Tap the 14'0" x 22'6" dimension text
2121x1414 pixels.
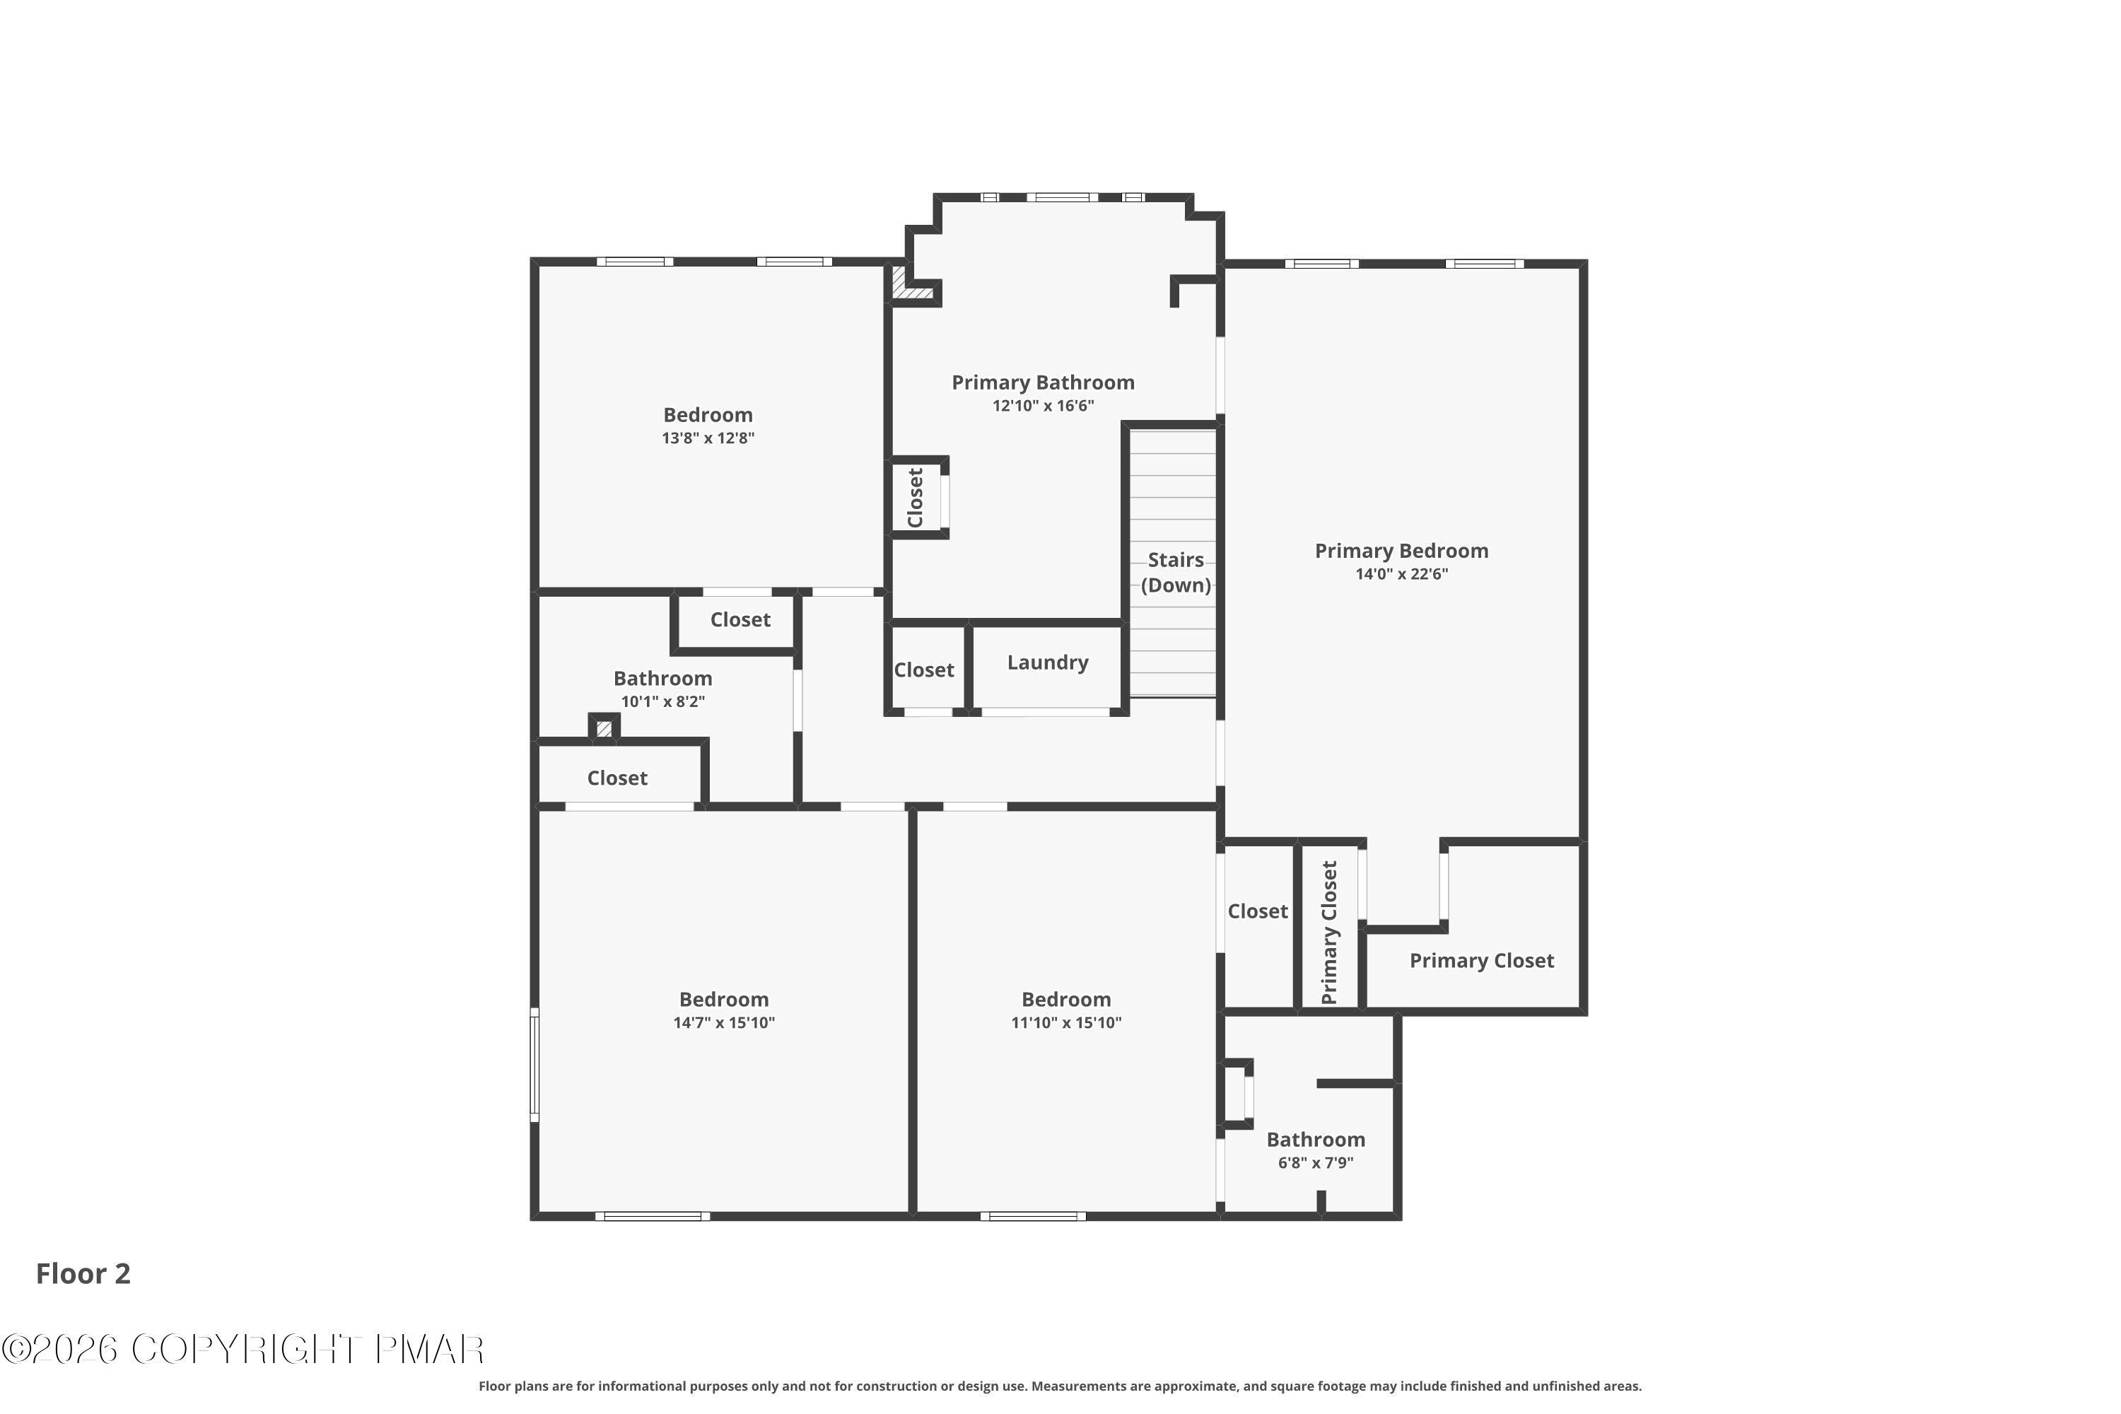1401,574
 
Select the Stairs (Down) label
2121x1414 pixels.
1175,573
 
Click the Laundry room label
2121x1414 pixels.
1047,663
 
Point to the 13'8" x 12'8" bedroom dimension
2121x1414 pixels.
707,438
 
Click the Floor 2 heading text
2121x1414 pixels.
83,1273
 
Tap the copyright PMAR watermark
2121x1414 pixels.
243,1350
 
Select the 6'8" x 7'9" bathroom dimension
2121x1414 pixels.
1315,1163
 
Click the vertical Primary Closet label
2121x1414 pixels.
1329,933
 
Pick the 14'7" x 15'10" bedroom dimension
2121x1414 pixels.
723,1022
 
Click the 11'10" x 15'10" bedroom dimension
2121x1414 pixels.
1066,1022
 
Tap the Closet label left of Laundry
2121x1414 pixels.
923,670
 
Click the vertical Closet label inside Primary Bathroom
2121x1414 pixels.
916,498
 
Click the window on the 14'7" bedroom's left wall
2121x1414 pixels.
534,1065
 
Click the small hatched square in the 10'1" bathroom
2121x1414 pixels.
603,728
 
